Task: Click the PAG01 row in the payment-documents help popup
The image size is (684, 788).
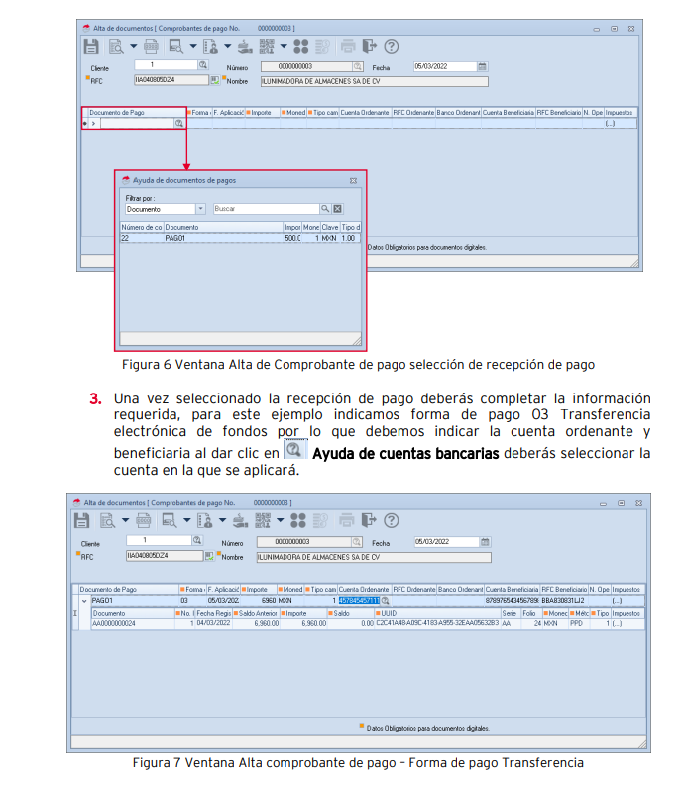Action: point(178,239)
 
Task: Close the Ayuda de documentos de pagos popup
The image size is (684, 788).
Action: point(353,181)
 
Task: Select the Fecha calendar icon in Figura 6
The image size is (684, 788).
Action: point(483,66)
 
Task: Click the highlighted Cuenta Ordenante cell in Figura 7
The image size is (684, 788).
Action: point(359,600)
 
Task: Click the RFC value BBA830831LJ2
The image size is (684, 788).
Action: point(562,600)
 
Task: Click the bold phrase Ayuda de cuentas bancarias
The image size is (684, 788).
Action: point(405,454)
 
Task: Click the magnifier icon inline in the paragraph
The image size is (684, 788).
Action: point(294,450)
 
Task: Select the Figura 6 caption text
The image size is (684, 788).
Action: point(357,364)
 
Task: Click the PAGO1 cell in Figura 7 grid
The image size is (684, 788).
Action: point(103,600)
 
